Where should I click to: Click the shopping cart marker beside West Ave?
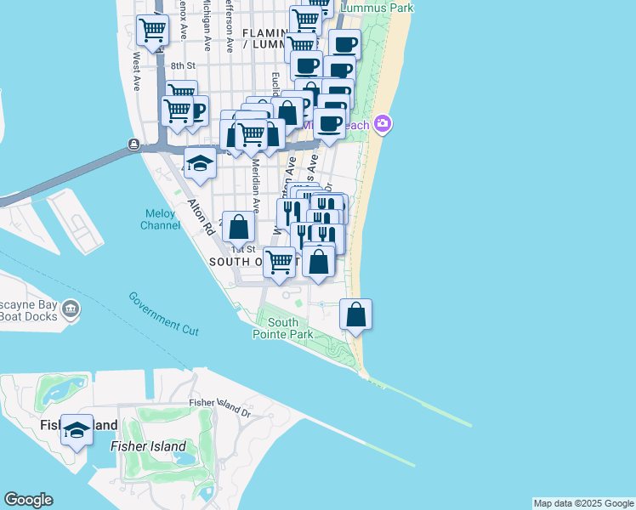pyautogui.click(x=152, y=31)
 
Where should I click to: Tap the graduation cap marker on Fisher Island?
pyautogui.click(x=77, y=431)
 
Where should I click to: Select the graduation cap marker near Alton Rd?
pyautogui.click(x=200, y=163)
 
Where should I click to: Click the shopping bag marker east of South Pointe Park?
pyautogui.click(x=356, y=314)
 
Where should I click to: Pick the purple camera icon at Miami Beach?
pyautogui.click(x=383, y=124)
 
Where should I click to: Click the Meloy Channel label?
pyautogui.click(x=161, y=219)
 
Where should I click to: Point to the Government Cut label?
pyautogui.click(x=164, y=313)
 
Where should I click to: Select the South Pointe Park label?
pyautogui.click(x=283, y=328)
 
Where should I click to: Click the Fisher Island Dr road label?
pyautogui.click(x=221, y=408)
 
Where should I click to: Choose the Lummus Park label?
pyautogui.click(x=377, y=8)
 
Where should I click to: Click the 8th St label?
pyautogui.click(x=183, y=65)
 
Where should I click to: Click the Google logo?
pyautogui.click(x=28, y=500)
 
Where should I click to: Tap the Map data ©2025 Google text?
pyautogui.click(x=583, y=503)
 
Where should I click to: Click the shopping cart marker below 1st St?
pyautogui.click(x=279, y=263)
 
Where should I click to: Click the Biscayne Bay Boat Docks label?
pyautogui.click(x=29, y=310)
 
